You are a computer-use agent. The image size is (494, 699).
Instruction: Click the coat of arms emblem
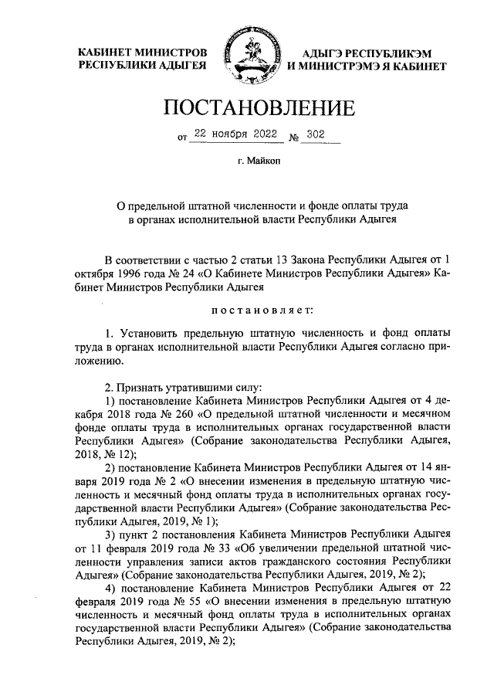(x=247, y=60)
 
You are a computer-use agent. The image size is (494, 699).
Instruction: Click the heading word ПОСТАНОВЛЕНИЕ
(x=247, y=107)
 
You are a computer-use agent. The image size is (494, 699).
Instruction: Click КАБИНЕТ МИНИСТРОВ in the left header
(x=143, y=52)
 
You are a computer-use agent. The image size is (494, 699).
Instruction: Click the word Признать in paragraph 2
(x=143, y=385)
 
